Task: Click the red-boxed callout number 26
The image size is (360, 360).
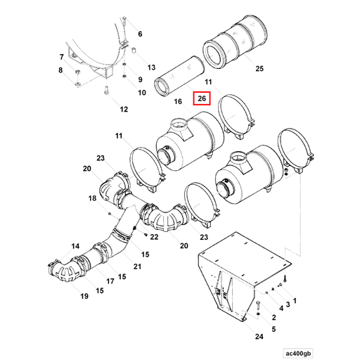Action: [x=201, y=99]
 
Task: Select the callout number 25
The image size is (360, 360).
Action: [x=259, y=68]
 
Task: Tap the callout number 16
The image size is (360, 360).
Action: [x=178, y=102]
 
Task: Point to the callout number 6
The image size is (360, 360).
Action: [x=139, y=34]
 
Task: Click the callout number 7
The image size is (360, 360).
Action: [x=61, y=56]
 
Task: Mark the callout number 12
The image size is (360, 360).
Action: [x=124, y=109]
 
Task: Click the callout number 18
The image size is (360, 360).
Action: [x=92, y=199]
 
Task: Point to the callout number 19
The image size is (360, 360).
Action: [x=84, y=296]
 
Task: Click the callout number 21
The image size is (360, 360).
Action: [x=137, y=266]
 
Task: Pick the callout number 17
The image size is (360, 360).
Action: [x=110, y=281]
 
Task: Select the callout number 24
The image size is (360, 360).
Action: [x=259, y=337]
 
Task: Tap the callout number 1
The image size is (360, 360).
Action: [x=295, y=300]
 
